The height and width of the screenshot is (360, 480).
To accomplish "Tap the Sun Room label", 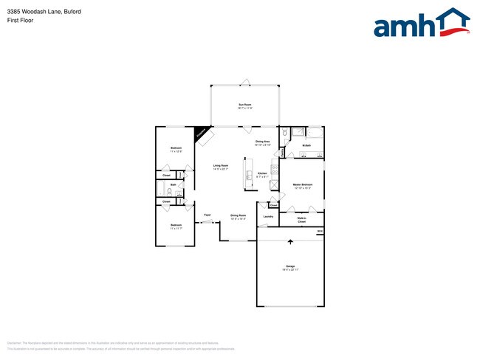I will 244,105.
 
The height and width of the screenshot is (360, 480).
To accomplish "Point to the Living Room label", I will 221,167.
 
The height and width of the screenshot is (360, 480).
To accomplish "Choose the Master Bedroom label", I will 303,185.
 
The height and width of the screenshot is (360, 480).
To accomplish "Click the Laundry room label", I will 268,216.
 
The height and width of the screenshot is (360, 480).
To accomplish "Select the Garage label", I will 289,267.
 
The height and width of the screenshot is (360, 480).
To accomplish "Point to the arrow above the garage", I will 289,240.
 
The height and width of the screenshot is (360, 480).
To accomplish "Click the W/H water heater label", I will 320,232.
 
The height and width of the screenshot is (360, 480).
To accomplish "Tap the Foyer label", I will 208,215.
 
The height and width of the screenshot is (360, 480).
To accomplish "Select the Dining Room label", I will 238,216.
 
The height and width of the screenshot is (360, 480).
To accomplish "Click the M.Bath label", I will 306,146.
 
